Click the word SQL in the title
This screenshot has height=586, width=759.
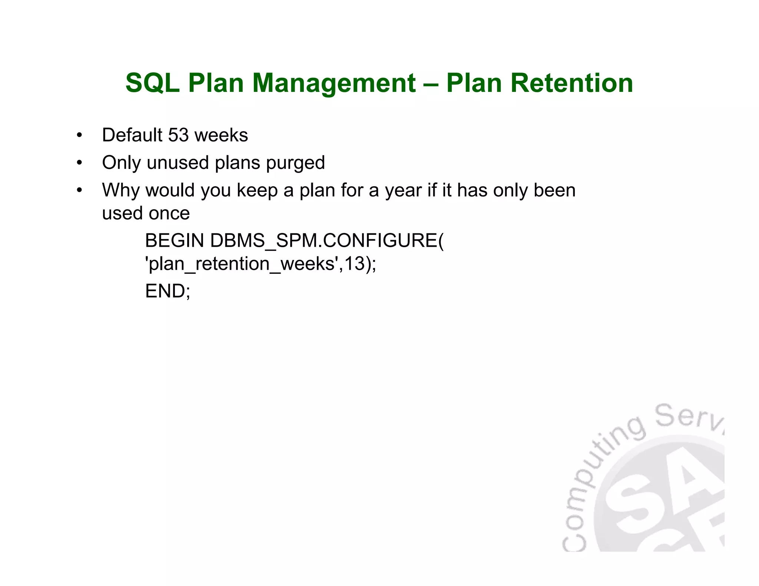pyautogui.click(x=152, y=83)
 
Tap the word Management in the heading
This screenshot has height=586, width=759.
pyautogui.click(x=334, y=83)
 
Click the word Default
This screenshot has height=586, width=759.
pyautogui.click(x=132, y=135)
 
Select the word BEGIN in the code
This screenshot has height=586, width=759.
pyautogui.click(x=174, y=241)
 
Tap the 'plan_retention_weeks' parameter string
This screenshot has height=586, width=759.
pyautogui.click(x=242, y=264)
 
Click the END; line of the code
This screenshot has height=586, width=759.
pyautogui.click(x=168, y=291)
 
